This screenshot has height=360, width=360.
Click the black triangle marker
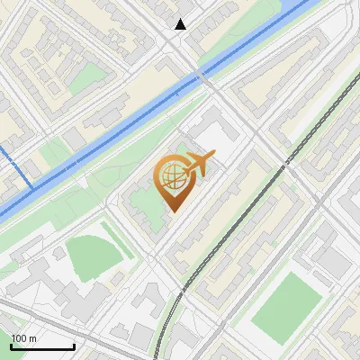coord(181,24)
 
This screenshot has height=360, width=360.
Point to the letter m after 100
coord(32,338)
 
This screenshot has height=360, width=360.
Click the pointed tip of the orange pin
coord(171,211)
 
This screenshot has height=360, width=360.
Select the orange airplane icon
coord(200,165)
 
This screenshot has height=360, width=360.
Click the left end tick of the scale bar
coord(11,346)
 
